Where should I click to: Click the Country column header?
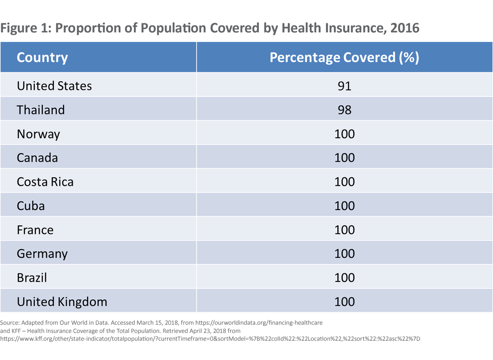[x=42, y=57]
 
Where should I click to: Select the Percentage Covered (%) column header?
[x=344, y=57]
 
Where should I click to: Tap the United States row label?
[x=54, y=86]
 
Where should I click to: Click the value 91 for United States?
[x=344, y=86]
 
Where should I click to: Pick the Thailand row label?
[x=41, y=110]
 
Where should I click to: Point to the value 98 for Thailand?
[x=344, y=110]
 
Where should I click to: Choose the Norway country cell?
[x=38, y=134]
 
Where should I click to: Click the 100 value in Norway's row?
[x=344, y=134]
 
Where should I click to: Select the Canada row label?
[x=37, y=158]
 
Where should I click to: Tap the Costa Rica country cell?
[x=45, y=182]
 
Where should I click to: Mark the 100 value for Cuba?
[x=344, y=206]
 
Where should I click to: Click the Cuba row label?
[x=31, y=206]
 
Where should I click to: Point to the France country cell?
[x=35, y=230]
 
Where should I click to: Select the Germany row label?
[x=42, y=254]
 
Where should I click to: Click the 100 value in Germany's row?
[x=344, y=254]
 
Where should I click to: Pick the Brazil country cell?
[x=32, y=278]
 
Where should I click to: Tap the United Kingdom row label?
[x=62, y=302]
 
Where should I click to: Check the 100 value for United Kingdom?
[x=344, y=302]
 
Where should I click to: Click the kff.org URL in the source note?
[x=210, y=339]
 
